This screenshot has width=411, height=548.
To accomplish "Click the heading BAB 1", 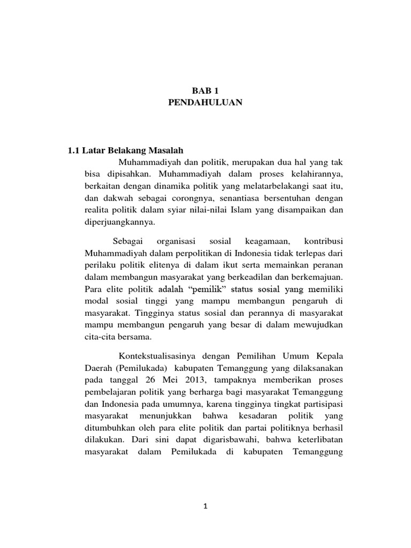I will [205, 92].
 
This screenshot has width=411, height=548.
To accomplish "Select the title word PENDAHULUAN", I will [205, 103].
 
